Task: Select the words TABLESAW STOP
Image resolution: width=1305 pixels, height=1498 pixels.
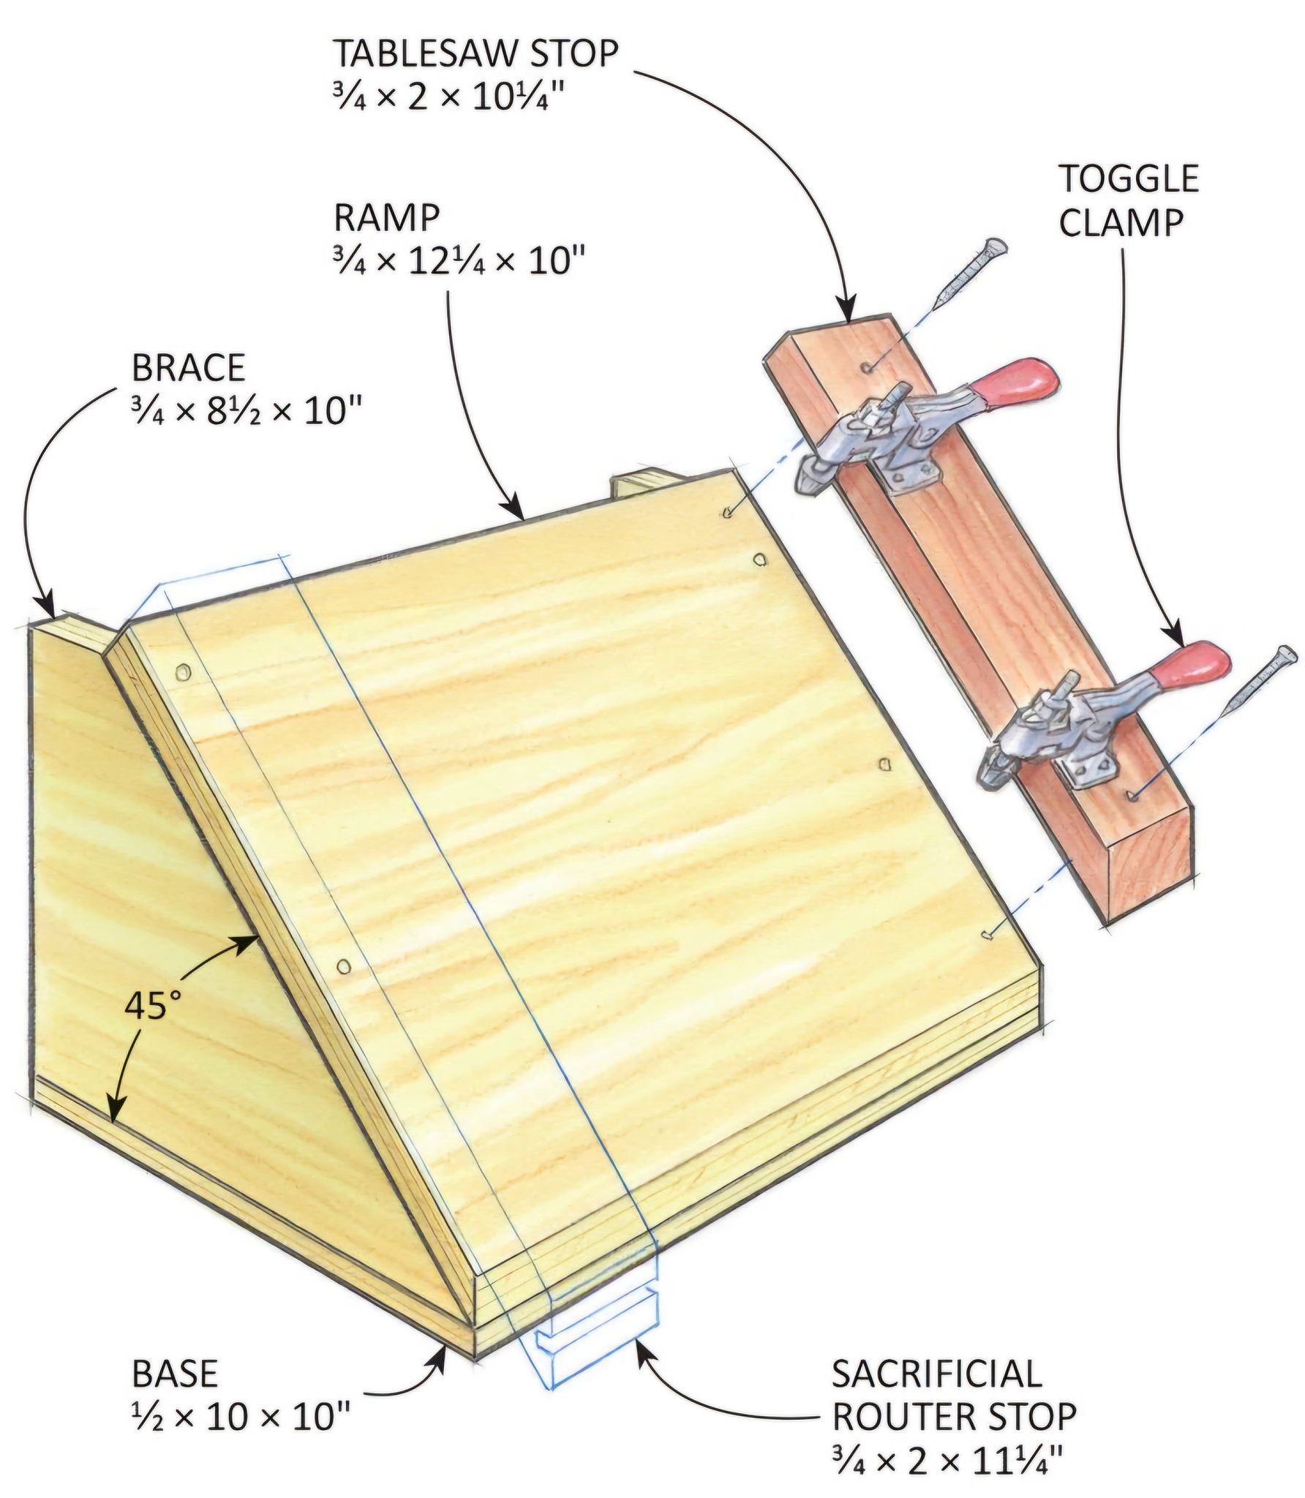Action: coord(476,53)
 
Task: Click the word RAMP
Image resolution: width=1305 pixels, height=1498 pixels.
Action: coord(387,217)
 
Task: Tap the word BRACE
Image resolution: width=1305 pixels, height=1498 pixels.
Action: coord(188,368)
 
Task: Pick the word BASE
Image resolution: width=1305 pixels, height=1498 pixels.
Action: coord(175,1374)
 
